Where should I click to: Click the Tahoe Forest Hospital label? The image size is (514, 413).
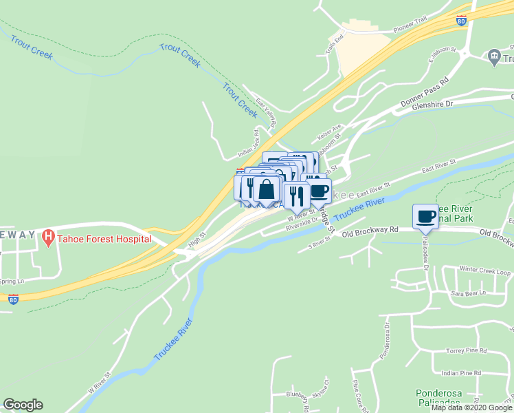pos(105,239)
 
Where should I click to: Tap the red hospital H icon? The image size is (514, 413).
pos(48,238)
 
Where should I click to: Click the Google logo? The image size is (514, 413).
pos(23,405)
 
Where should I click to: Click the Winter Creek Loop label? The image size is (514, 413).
pos(485,271)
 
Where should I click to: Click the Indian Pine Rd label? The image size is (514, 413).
pos(462,373)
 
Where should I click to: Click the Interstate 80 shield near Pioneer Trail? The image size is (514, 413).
pos(461,21)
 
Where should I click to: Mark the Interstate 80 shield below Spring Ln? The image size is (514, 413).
pos(13,298)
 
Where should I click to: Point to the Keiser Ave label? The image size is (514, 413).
pos(328,131)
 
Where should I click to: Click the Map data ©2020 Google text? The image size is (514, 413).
pos(471,407)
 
